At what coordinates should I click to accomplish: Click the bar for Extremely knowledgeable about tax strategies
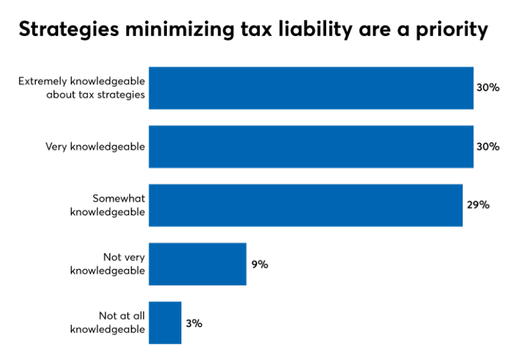[311, 88]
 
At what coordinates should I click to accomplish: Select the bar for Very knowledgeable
[311, 147]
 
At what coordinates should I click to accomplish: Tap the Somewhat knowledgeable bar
[306, 205]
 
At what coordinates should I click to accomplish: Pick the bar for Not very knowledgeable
[198, 264]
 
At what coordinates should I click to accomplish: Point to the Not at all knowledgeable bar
[165, 323]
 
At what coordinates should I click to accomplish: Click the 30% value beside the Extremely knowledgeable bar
[488, 88]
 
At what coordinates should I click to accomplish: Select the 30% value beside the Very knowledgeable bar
[488, 147]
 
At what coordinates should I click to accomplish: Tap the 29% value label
[478, 205]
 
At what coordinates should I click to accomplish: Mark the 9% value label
[260, 264]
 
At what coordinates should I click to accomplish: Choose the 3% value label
[194, 323]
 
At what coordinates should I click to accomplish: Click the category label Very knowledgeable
[95, 147]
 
